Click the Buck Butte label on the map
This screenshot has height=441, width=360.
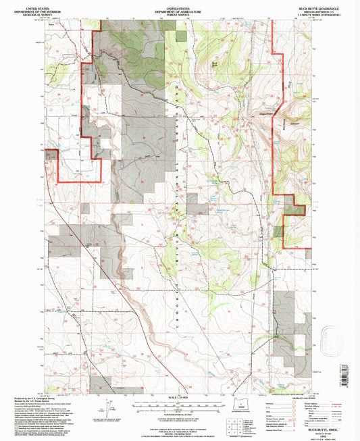(215, 65)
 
